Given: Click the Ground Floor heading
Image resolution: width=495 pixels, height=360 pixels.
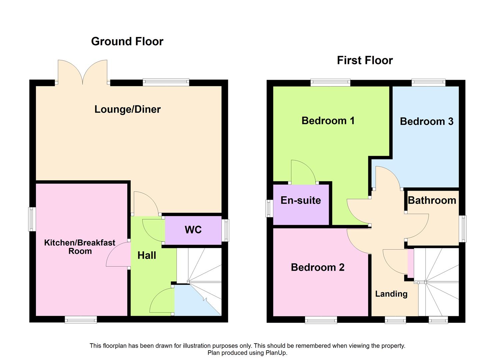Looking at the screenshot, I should (x=127, y=41).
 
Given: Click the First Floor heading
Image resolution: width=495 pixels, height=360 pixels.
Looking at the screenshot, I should (x=365, y=60).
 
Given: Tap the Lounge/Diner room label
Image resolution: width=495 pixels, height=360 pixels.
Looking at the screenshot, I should (x=127, y=109).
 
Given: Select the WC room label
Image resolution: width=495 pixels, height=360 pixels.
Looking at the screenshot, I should (x=193, y=230).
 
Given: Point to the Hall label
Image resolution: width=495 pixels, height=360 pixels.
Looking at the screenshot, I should (x=147, y=255).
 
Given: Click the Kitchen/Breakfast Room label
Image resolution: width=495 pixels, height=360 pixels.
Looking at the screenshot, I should (x=80, y=247).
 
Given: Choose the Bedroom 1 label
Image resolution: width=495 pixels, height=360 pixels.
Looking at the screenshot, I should (x=328, y=121).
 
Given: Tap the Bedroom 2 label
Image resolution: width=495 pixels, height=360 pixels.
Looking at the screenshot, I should (x=317, y=267).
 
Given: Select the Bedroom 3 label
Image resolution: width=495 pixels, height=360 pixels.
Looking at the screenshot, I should (x=426, y=121).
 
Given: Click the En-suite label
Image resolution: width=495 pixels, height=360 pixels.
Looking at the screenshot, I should (x=301, y=200).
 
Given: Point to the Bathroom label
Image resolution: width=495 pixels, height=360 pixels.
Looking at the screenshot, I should (x=432, y=200).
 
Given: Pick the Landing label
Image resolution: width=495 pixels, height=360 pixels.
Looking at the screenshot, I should (x=391, y=294).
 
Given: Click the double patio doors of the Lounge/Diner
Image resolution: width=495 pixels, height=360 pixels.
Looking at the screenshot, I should (x=83, y=72).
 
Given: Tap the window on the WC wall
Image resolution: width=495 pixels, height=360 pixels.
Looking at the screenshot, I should (x=226, y=230).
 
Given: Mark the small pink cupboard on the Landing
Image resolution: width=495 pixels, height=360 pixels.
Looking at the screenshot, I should (x=411, y=263).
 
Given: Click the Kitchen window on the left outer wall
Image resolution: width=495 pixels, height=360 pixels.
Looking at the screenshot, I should (x=32, y=219).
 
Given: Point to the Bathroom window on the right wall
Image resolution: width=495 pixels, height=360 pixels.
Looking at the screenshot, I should (x=462, y=228).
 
